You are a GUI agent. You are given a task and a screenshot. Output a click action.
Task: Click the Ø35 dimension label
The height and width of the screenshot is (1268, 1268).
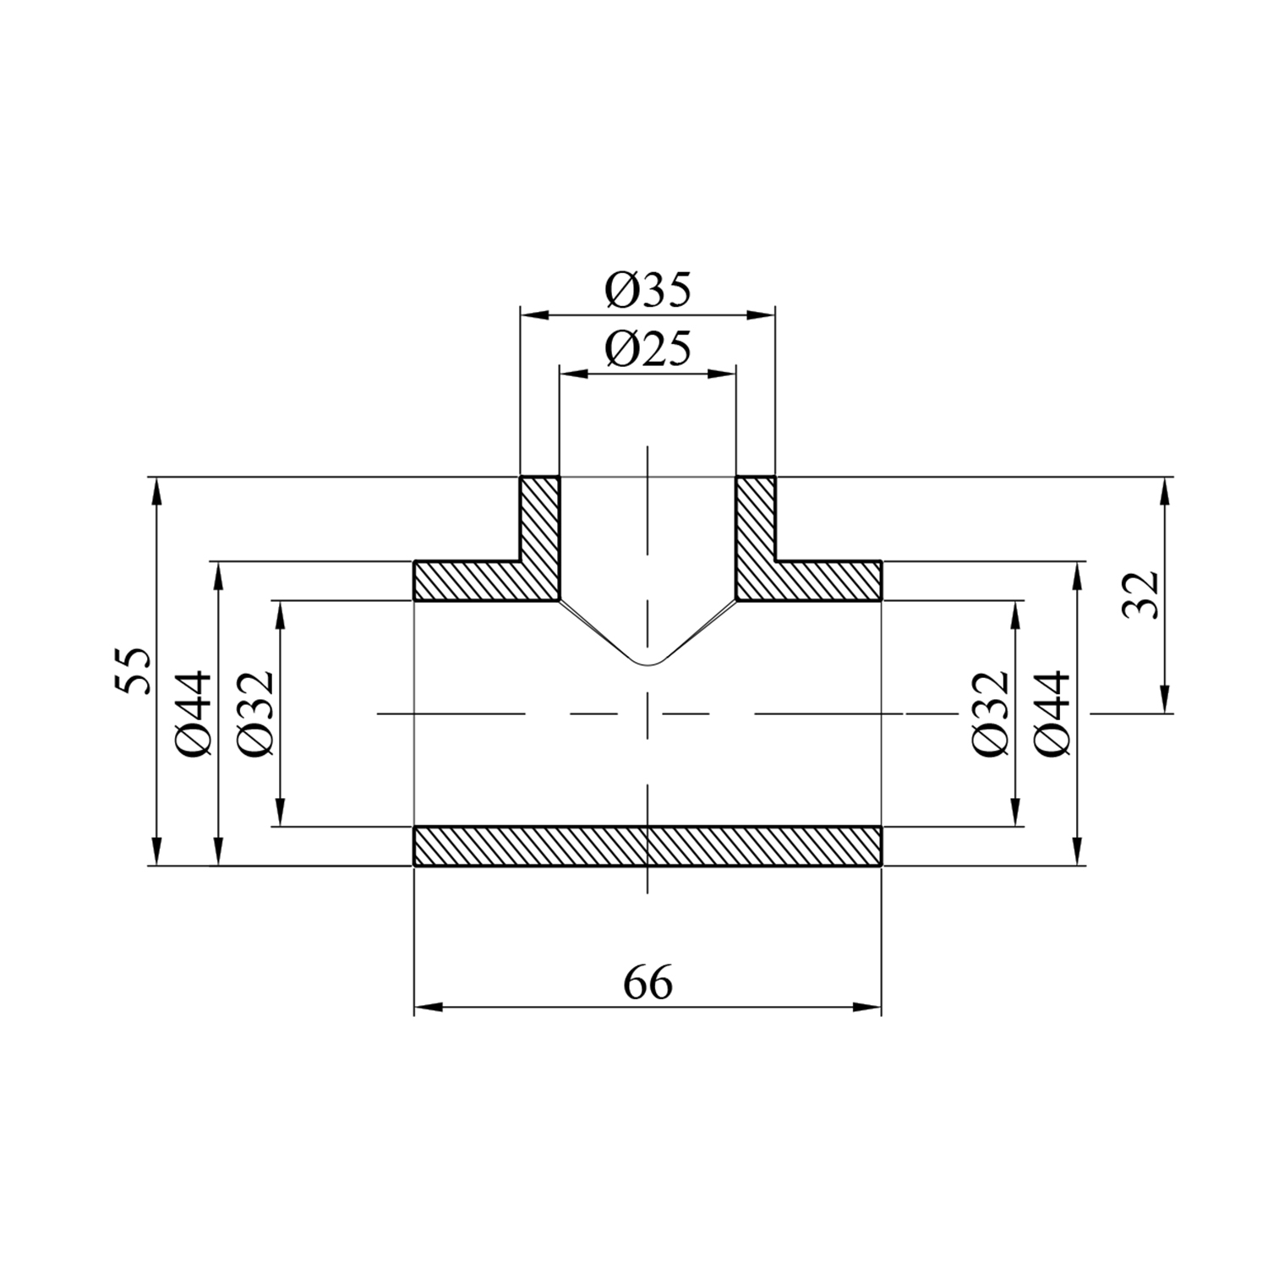click(x=648, y=291)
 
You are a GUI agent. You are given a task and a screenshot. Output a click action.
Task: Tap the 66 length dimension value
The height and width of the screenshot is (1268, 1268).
click(x=648, y=983)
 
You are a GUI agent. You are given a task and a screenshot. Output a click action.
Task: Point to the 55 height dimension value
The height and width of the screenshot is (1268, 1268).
click(x=133, y=671)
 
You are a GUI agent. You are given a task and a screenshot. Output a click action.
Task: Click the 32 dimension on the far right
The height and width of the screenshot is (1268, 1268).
click(x=1141, y=594)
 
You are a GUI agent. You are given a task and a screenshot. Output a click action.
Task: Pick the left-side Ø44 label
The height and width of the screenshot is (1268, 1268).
click(x=194, y=713)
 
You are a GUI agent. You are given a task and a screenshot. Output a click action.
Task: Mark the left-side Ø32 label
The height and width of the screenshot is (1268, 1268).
click(x=255, y=713)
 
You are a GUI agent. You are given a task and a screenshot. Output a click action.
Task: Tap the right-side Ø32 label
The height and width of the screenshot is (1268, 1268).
click(x=991, y=713)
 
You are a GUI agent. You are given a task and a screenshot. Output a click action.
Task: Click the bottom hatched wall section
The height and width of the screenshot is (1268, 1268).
click(x=648, y=846)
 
